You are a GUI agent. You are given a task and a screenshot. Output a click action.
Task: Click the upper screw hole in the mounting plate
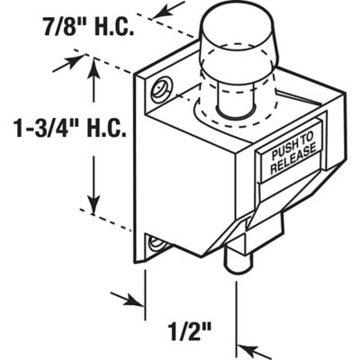[x=163, y=88]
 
